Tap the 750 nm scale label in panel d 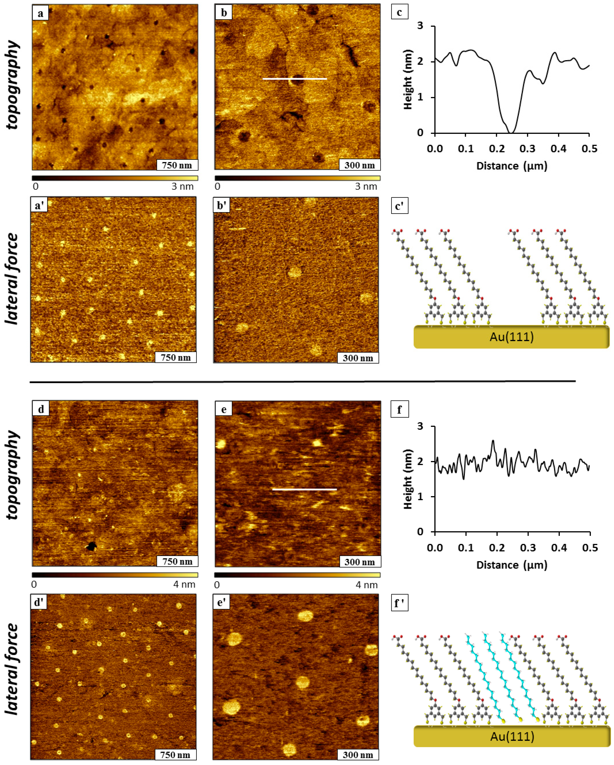click(177, 561)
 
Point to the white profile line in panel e click(304, 489)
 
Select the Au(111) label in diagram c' click(512, 336)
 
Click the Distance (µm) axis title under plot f click(512, 565)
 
